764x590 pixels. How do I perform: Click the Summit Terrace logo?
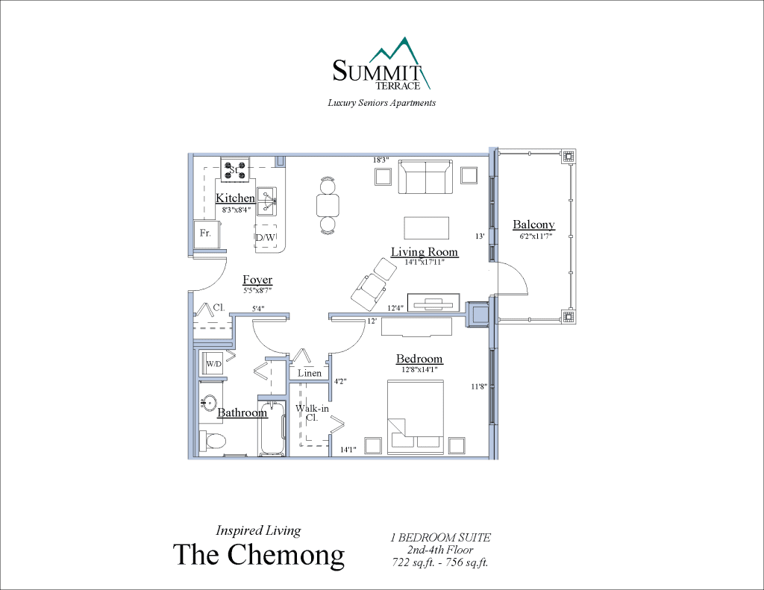pos(381,66)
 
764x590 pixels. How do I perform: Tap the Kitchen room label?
pos(235,198)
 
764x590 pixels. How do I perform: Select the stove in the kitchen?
pos(234,169)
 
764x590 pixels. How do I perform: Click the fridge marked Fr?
pos(205,234)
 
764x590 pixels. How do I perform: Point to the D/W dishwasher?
pos(266,237)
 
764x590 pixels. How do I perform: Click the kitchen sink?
pos(267,196)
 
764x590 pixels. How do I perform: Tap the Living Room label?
pos(424,252)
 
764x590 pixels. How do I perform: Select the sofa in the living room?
pos(425,177)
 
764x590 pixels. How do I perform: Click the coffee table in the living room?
pos(427,227)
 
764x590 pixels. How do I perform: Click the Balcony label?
pos(533,225)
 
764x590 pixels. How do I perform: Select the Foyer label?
pos(257,280)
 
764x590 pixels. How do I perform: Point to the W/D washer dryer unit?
pos(213,364)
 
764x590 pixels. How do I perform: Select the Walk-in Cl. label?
pos(312,412)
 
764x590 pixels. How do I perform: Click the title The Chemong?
pos(259,554)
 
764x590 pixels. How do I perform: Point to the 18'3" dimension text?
pos(381,160)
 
